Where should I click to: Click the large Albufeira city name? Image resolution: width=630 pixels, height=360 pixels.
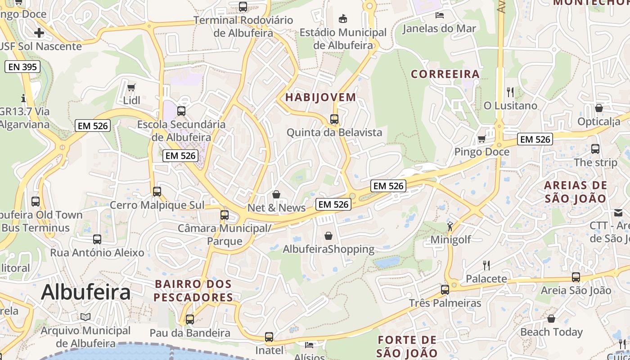coord(85,292)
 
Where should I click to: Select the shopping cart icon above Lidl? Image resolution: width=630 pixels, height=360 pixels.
coord(131,87)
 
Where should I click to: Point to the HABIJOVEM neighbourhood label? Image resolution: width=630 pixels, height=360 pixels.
coord(320,97)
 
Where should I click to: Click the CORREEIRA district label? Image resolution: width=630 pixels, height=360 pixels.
coord(445,74)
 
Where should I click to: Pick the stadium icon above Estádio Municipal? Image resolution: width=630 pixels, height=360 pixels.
coord(343,18)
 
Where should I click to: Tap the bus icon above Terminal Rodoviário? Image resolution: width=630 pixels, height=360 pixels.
coord(243,7)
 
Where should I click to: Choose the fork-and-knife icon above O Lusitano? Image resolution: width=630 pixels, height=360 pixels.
coord(510,92)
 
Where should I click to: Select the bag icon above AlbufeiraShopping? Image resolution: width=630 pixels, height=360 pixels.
coord(328,236)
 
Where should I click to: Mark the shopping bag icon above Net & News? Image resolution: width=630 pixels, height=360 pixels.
coord(276,194)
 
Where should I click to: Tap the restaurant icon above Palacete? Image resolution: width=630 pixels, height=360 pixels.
coord(486,265)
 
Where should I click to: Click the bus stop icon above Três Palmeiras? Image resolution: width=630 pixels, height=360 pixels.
coord(445,289)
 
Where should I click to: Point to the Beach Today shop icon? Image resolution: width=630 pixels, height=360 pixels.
coord(551,319)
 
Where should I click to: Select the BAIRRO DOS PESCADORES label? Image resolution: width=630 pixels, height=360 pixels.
coord(193,291)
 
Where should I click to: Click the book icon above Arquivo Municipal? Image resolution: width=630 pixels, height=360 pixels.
coord(85,317)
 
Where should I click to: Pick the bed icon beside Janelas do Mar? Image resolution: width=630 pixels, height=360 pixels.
coord(440,15)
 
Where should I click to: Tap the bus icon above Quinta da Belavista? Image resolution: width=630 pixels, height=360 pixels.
coord(334,119)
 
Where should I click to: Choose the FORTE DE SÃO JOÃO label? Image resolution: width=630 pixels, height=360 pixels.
coord(407,346)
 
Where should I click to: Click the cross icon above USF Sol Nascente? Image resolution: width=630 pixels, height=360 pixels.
coord(39,32)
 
